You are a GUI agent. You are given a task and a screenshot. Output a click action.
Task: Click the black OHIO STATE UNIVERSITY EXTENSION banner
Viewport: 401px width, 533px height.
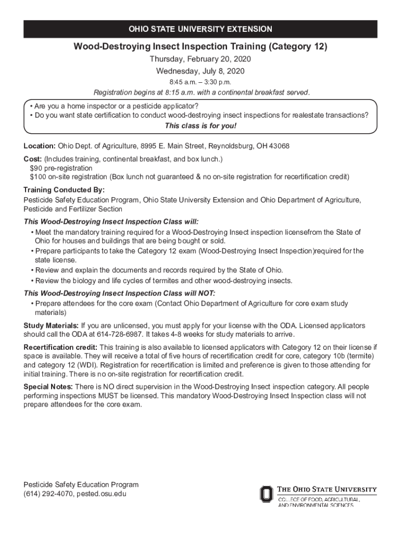(200, 29)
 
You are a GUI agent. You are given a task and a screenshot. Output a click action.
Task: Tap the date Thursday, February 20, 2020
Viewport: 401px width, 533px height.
(200, 59)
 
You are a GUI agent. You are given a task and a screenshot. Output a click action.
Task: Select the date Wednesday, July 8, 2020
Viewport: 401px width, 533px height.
(200, 71)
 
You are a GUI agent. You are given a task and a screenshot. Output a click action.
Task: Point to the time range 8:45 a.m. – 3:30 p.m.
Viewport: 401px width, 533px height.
(200, 82)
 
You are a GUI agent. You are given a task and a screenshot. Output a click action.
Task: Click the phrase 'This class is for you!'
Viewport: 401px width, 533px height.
(200, 126)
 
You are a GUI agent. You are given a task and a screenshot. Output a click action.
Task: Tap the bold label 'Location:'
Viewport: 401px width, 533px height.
(40, 146)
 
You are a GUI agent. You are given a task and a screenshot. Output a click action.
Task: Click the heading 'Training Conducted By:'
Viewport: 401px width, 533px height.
(64, 189)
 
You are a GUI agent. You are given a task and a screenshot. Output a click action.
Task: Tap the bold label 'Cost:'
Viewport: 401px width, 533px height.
(33, 159)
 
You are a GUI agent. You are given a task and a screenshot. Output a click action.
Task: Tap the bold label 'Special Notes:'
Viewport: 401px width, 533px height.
(48, 387)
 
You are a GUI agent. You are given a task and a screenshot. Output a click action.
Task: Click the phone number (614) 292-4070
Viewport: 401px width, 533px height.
(47, 493)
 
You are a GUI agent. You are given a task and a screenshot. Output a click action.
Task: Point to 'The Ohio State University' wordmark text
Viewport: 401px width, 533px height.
(327, 489)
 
